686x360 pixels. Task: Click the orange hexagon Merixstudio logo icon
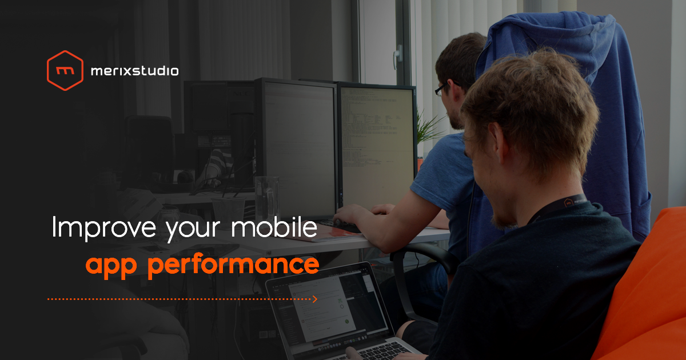[65, 70]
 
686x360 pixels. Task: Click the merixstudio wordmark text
[134, 71]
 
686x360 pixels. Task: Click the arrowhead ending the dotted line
[314, 298]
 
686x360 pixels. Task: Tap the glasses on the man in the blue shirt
[440, 89]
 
